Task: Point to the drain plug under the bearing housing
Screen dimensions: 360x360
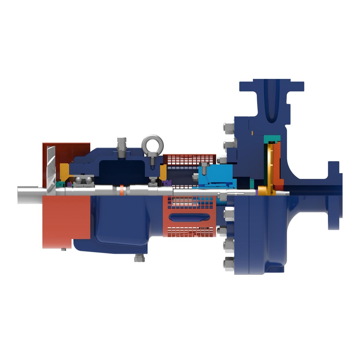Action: tap(139, 258)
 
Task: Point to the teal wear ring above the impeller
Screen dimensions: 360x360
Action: tap(272, 139)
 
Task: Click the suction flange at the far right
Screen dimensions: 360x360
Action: tap(334, 195)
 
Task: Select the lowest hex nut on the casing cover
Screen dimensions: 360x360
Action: tap(229, 264)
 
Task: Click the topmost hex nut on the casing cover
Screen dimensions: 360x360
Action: tap(229, 127)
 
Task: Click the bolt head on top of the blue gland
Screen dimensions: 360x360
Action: tap(204, 165)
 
